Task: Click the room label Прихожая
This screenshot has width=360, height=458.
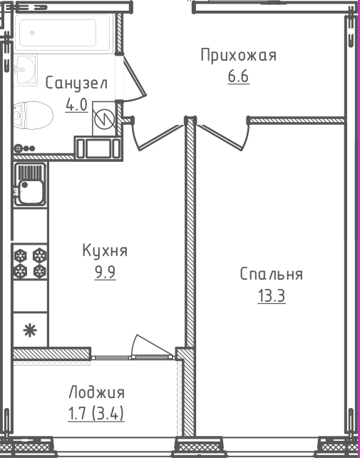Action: pyautogui.click(x=238, y=56)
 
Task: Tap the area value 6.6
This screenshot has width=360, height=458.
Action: pyautogui.click(x=238, y=76)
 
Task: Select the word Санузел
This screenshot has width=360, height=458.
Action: pyautogui.click(x=76, y=83)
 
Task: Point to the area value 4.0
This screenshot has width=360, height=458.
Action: pyautogui.click(x=76, y=105)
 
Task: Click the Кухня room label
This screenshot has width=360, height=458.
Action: pyautogui.click(x=104, y=251)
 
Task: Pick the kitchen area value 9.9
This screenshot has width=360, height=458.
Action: pyautogui.click(x=104, y=272)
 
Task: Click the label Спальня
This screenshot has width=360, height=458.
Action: pyautogui.click(x=271, y=275)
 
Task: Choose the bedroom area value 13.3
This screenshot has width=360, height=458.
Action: pyautogui.click(x=271, y=295)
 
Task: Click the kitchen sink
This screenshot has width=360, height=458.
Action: pyautogui.click(x=30, y=183)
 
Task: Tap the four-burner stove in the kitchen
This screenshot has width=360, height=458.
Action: pyautogui.click(x=30, y=263)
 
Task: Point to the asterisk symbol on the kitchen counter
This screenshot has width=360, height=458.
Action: pyautogui.click(x=30, y=330)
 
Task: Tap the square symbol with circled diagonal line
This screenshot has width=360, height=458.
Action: pyautogui.click(x=104, y=119)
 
